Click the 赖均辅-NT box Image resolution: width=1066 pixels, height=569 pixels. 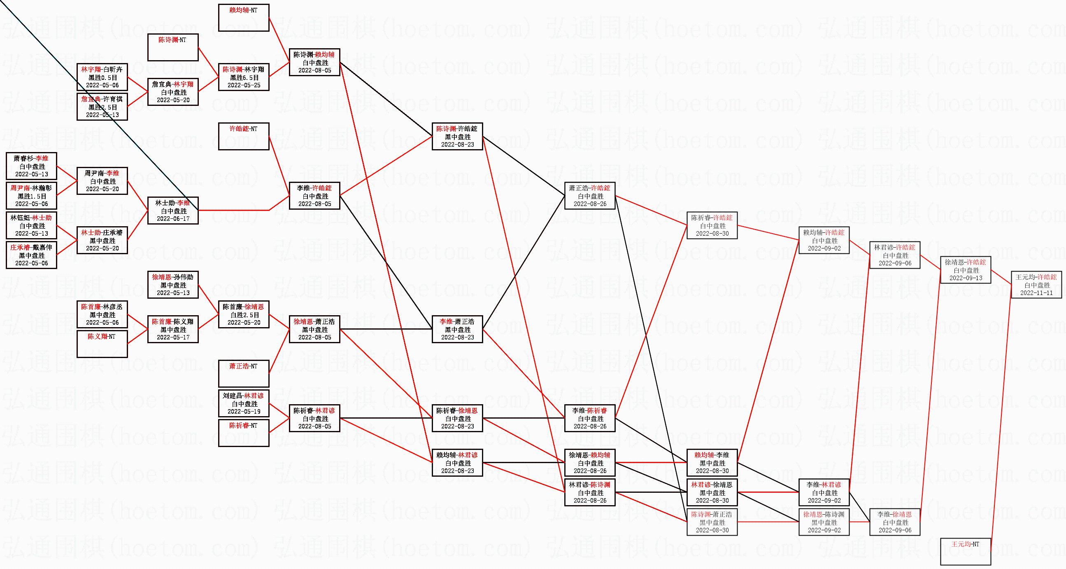coord(243,17)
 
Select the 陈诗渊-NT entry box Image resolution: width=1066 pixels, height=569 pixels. coord(172,47)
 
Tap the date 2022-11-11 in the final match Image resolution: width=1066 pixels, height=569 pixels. coord(1036,293)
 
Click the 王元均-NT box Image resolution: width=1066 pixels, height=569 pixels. coord(966,551)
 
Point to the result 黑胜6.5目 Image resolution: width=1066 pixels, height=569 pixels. coord(244,77)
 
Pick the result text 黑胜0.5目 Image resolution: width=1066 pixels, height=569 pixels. coord(102,77)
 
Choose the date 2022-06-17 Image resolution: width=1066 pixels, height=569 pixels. coord(173,219)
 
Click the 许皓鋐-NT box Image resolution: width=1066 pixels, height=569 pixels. coord(243,136)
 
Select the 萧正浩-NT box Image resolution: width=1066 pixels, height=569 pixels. coord(243,374)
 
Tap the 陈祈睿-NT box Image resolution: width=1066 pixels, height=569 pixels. coord(243,433)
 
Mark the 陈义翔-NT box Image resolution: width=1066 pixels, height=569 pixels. coord(102,344)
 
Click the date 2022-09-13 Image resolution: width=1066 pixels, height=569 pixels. coord(966,278)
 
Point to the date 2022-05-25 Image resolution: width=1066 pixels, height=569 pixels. coord(244,85)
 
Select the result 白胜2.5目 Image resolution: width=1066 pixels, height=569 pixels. coord(244,315)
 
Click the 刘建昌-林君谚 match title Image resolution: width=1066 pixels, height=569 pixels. coord(243,396)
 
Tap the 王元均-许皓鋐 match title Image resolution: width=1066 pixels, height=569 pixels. coord(1036,277)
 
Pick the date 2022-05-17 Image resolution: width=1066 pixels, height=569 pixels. coord(173,337)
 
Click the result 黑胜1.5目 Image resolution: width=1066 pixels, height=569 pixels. coord(31,196)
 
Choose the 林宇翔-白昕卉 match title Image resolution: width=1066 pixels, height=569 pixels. coord(102,70)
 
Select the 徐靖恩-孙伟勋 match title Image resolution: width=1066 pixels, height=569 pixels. coord(172,277)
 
